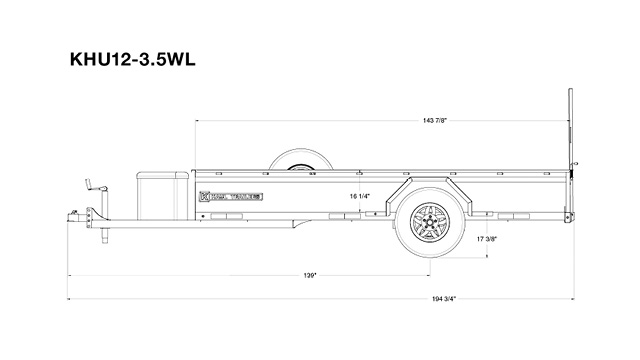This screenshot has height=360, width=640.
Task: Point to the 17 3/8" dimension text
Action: pos(488,240)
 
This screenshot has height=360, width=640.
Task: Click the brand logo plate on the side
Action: pos(231,196)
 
